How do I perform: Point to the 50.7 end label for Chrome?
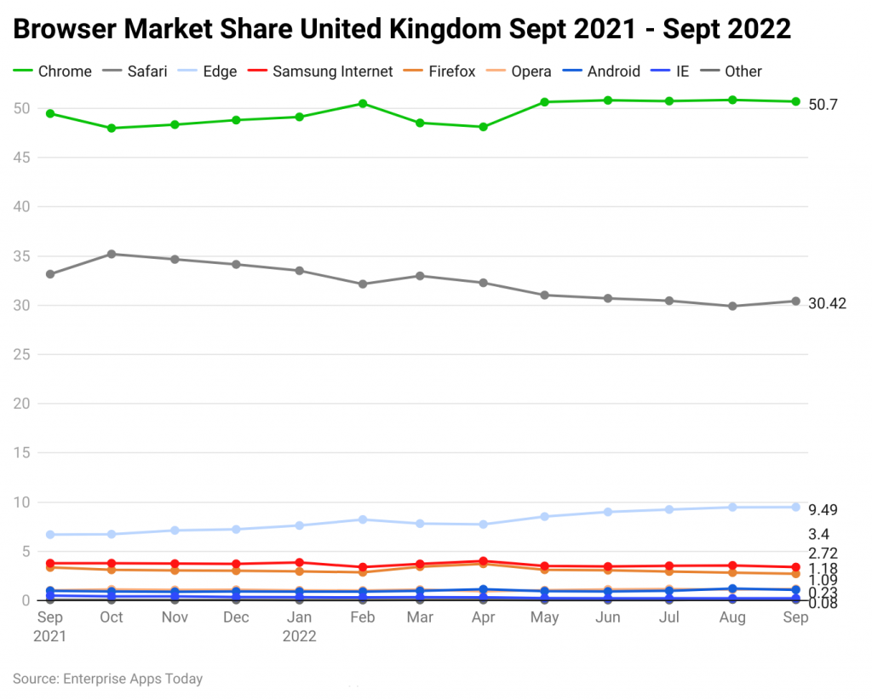[823, 105]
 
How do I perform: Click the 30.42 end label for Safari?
[827, 303]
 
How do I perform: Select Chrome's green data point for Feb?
[363, 104]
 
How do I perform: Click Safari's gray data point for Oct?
[112, 254]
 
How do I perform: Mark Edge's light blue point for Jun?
[608, 512]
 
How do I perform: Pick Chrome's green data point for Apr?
[483, 127]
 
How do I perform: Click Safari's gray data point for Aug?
[732, 306]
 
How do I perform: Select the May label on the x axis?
[545, 617]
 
